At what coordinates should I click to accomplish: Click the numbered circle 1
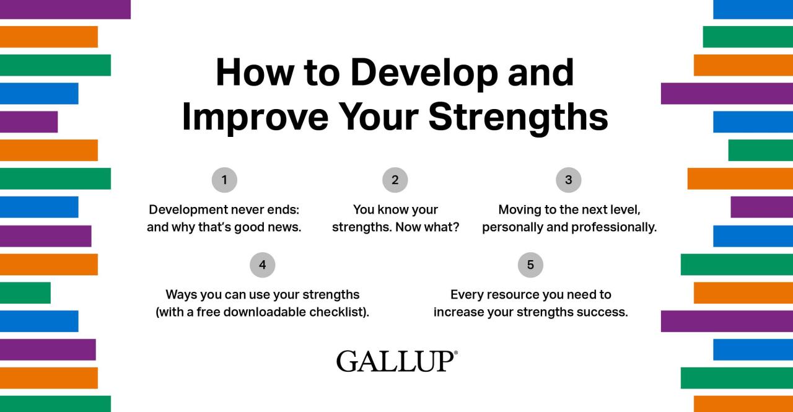pos(224,180)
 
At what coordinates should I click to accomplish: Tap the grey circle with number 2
pos(395,180)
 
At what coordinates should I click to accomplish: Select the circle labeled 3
pos(569,180)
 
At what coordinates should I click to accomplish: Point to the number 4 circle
pos(262,265)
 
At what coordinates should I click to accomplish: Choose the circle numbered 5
pos(530,265)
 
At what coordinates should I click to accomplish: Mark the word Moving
pos(519,209)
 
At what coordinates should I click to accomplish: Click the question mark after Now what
pos(456,227)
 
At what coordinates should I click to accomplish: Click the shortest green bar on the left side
pos(25,292)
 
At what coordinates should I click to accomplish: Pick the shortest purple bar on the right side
pos(761,207)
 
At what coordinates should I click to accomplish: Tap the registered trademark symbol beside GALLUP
pos(456,353)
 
